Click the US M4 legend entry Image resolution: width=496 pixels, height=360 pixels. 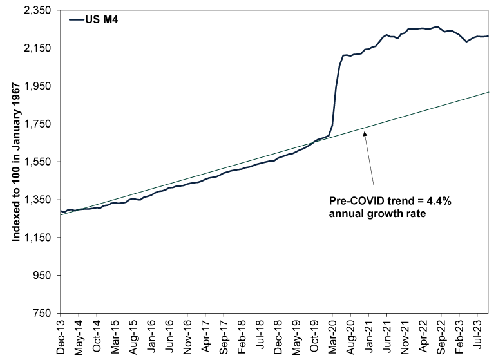[93, 19]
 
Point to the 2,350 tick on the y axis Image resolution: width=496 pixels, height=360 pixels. [37, 10]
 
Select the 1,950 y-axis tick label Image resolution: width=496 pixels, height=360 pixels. [37, 86]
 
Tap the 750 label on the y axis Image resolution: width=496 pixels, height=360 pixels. [42, 313]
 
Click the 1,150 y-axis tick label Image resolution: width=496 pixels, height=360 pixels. [37, 237]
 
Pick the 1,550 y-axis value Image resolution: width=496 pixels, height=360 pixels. [37, 162]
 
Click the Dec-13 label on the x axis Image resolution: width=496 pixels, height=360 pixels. [61, 337]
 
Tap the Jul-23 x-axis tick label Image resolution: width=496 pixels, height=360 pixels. [478, 335]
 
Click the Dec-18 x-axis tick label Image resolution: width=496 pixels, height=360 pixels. [278, 337]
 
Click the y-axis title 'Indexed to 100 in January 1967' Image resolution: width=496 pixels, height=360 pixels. [16, 162]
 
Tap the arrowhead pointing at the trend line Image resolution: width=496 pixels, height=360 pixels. [365, 134]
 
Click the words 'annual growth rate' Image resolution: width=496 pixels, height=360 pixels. [377, 214]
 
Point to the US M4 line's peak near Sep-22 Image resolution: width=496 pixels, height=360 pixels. [437, 26]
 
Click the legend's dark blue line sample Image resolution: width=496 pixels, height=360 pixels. [77, 19]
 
